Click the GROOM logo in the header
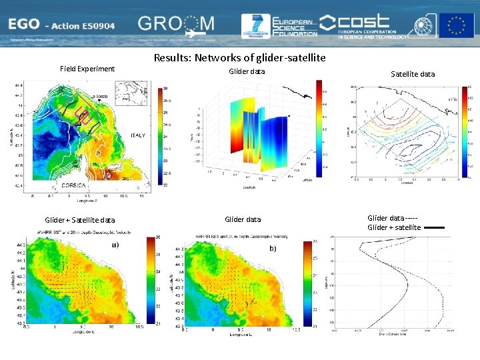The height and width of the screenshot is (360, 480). (177, 25)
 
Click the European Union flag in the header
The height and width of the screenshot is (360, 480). (456, 25)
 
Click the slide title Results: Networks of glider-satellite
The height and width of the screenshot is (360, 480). (239, 58)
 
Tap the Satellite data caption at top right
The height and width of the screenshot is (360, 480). (412, 74)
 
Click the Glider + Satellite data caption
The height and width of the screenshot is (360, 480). (79, 220)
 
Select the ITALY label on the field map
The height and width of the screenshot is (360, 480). (137, 136)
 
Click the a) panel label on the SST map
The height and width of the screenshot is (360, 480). (106, 245)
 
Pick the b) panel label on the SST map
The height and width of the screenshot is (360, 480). (272, 248)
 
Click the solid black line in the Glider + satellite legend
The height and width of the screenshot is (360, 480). (434, 228)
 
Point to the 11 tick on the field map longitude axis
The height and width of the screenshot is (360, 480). (141, 197)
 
